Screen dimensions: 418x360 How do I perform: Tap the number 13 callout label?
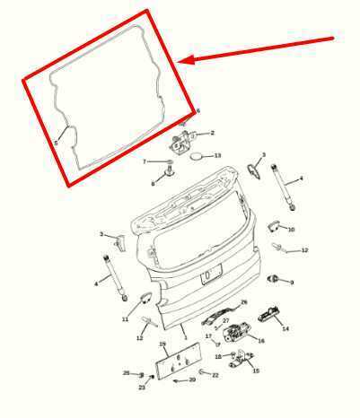(216, 155)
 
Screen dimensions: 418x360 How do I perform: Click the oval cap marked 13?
(197, 157)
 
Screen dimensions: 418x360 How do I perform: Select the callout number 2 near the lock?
(212, 133)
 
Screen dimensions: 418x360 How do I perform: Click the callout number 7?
(144, 161)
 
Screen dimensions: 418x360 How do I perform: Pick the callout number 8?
(153, 183)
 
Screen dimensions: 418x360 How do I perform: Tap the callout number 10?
(291, 230)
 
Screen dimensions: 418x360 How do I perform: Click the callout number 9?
(291, 283)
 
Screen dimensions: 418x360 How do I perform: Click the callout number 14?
(285, 329)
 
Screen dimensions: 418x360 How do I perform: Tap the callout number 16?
(260, 341)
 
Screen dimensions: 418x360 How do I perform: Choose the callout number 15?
(255, 370)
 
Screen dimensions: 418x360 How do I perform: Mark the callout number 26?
(243, 302)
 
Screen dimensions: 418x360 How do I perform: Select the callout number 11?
(126, 318)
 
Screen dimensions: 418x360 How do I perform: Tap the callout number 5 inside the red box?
(56, 142)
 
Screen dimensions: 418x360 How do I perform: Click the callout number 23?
(142, 388)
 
